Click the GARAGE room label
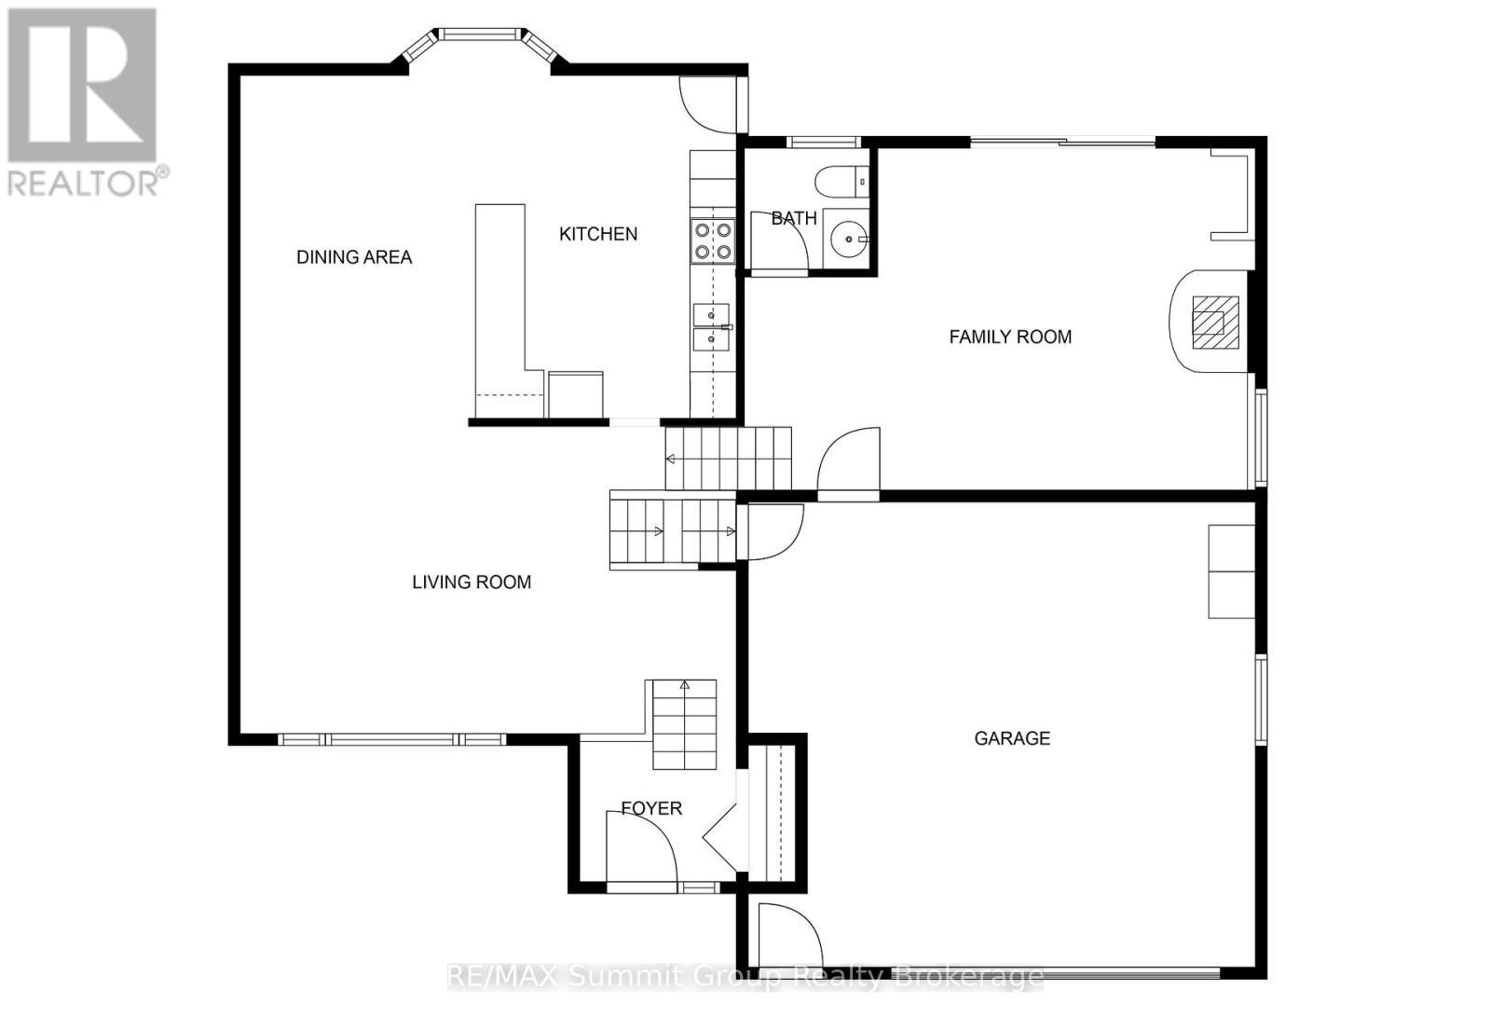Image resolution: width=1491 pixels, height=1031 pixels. (1011, 738)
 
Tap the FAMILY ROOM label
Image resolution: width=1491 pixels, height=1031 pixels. (1009, 337)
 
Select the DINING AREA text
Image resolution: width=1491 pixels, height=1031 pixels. (353, 257)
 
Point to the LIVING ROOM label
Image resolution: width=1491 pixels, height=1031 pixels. (472, 582)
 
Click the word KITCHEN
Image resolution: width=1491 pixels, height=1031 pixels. (597, 234)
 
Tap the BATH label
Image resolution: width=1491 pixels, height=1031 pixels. (793, 218)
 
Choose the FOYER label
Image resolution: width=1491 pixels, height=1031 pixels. (651, 808)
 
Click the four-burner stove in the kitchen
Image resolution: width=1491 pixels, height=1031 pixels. (712, 240)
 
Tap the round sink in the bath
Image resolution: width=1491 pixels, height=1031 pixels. (848, 240)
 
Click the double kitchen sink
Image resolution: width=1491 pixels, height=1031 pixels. (711, 326)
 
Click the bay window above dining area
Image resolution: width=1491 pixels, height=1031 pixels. (480, 37)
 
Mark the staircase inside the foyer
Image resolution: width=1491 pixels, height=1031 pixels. (684, 724)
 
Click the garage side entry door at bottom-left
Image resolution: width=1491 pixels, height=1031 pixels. (788, 935)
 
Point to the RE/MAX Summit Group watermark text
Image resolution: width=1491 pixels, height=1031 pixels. (745, 976)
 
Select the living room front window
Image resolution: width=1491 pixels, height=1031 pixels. (391, 739)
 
